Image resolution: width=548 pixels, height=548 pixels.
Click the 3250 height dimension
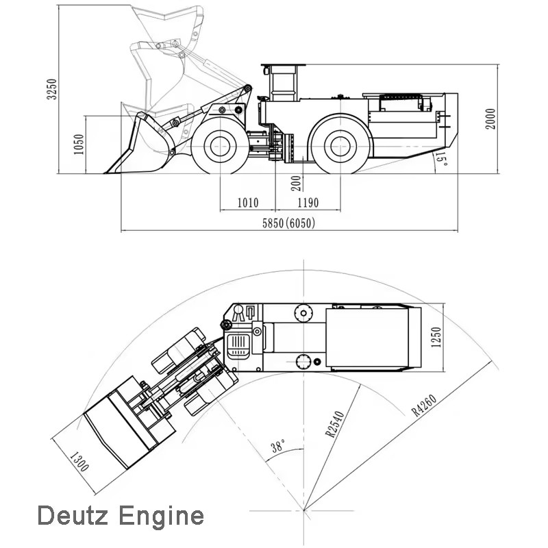tap(52, 89)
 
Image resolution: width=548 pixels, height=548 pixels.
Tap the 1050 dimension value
tap(79, 145)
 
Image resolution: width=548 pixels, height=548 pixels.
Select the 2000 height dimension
tap(490, 119)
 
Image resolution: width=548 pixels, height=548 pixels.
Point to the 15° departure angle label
tap(441, 158)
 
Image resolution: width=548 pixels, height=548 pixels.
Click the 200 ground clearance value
tap(296, 183)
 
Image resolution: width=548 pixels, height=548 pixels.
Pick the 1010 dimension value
tap(248, 203)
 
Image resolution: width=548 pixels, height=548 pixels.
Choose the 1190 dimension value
tap(308, 203)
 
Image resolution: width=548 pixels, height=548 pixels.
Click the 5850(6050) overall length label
tap(288, 223)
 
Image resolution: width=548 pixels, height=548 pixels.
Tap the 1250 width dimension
tap(436, 337)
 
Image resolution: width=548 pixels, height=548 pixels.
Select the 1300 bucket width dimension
tap(79, 462)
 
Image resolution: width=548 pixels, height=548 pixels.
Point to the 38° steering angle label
tap(278, 446)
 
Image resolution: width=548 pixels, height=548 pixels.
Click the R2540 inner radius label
tap(335, 424)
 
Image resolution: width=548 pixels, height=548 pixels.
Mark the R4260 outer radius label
tap(424, 406)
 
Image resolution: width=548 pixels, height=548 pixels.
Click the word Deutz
tap(73, 516)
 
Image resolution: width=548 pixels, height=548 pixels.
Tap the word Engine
tap(161, 517)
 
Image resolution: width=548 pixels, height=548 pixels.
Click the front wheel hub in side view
tap(220, 146)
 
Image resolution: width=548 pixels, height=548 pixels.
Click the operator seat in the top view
tap(238, 347)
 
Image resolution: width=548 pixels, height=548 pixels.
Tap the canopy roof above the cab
tap(283, 65)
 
